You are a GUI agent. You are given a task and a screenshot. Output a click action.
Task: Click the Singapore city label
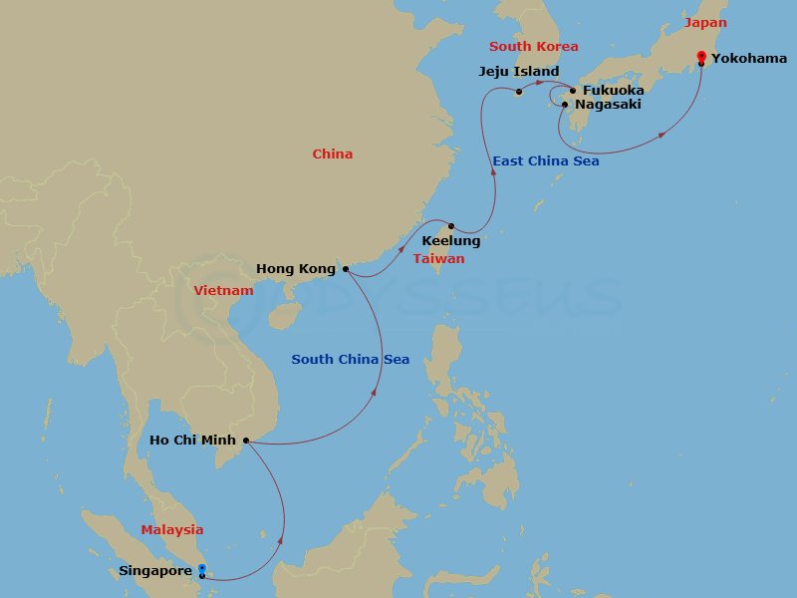[154, 572]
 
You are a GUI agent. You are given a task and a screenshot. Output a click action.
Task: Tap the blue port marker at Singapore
[201, 569]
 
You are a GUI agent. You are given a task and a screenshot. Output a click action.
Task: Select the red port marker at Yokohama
[701, 56]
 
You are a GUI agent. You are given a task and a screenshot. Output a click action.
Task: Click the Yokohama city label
[749, 59]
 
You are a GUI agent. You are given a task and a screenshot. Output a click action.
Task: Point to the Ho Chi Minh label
[192, 440]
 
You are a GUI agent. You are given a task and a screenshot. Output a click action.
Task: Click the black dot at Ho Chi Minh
[246, 440]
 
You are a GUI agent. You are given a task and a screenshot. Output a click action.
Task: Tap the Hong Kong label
[296, 269]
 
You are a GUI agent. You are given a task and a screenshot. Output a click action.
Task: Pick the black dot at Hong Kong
[346, 269]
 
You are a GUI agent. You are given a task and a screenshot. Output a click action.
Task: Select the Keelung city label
[451, 241]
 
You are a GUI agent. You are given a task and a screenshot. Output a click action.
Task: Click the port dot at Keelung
[450, 226]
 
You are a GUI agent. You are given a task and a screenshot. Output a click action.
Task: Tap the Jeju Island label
[517, 72]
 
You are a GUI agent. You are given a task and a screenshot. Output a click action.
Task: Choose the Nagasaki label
[609, 105]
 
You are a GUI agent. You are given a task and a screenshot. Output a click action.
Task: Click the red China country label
[333, 154]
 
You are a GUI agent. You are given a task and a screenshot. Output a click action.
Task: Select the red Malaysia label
[171, 530]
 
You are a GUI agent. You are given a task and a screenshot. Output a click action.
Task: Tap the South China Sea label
[351, 360]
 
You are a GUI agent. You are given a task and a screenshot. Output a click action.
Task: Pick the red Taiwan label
[439, 259]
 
